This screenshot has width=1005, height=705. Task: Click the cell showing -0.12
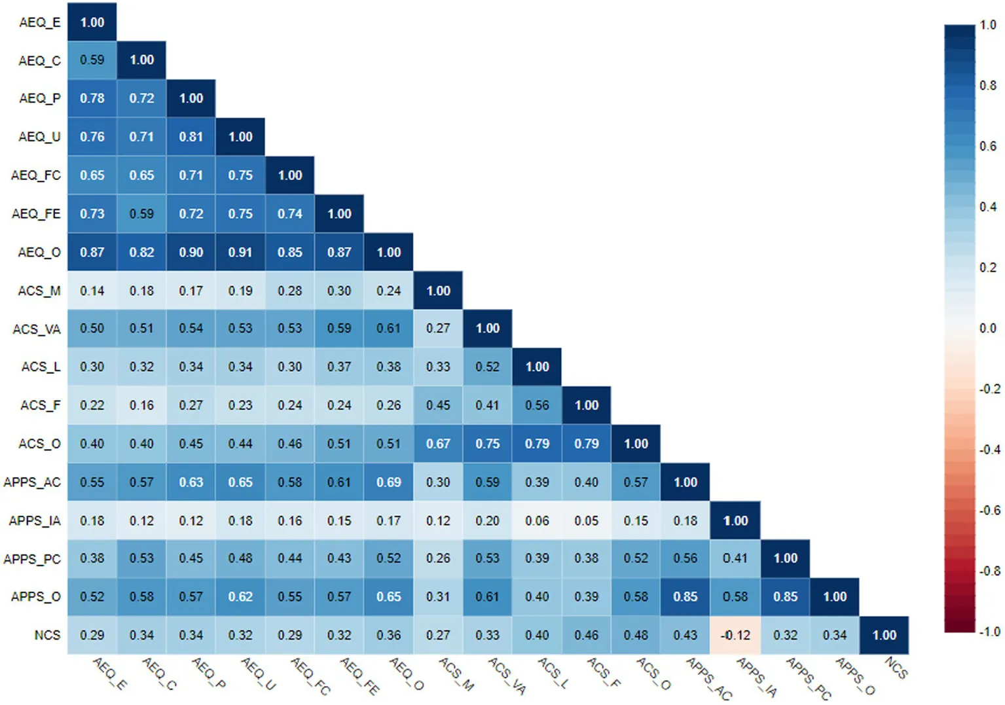click(x=735, y=635)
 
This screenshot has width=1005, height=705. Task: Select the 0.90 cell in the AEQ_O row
click(x=191, y=252)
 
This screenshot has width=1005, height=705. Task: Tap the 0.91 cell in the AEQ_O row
click(x=240, y=252)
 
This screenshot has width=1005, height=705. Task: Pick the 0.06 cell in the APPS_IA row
click(x=537, y=520)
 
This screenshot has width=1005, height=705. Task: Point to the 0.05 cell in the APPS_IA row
click(x=586, y=520)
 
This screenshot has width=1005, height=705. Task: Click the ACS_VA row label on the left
click(x=37, y=329)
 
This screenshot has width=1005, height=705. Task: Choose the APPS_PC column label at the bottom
click(x=809, y=678)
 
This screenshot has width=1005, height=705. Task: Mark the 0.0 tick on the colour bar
click(x=987, y=328)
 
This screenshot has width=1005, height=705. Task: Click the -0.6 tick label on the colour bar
click(x=989, y=511)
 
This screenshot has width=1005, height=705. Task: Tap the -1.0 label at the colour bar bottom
click(x=989, y=632)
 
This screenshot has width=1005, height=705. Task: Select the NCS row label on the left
click(x=47, y=635)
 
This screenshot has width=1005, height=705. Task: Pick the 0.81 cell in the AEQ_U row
click(x=191, y=137)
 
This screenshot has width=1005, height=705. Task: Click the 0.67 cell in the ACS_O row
click(x=438, y=444)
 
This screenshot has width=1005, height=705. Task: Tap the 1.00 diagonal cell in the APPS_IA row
click(x=735, y=520)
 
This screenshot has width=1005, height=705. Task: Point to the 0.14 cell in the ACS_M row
click(x=92, y=291)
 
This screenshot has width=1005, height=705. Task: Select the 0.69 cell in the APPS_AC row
click(x=389, y=482)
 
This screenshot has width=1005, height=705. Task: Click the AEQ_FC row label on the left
click(x=36, y=175)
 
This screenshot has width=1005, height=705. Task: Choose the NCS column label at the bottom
click(x=896, y=668)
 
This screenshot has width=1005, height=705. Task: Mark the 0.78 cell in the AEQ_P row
click(x=92, y=98)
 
